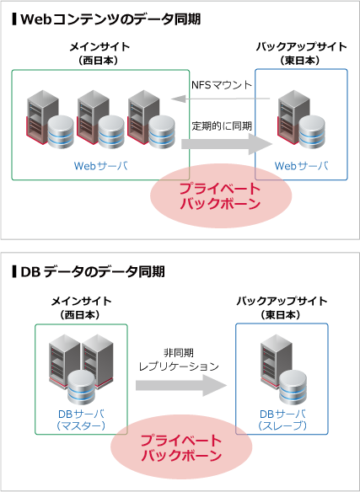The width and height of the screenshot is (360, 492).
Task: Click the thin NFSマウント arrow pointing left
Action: [x=221, y=99]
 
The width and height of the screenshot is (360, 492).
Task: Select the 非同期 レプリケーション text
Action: [x=179, y=360]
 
